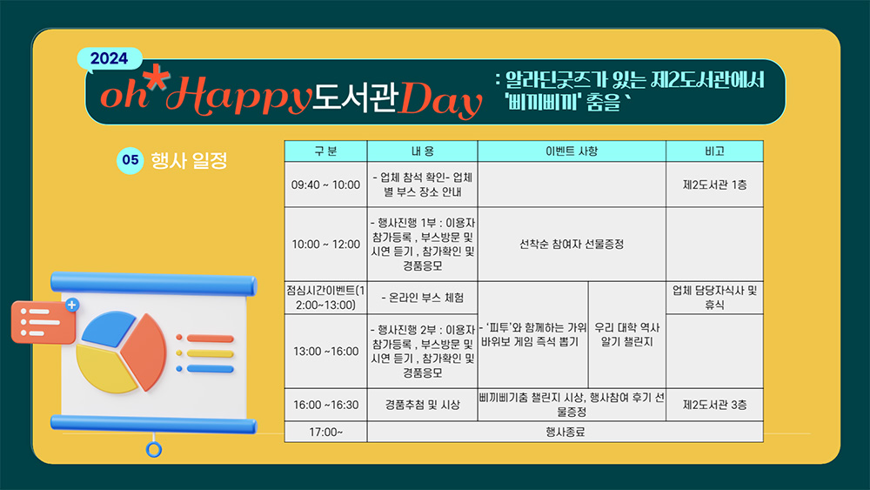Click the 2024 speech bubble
click(110, 59)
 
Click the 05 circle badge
click(130, 160)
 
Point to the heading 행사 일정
click(189, 161)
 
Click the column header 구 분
click(325, 151)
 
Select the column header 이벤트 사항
click(572, 151)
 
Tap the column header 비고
click(714, 151)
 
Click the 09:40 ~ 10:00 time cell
click(325, 185)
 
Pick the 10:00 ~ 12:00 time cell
click(325, 245)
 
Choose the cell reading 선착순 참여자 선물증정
click(572, 245)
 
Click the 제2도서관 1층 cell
click(714, 185)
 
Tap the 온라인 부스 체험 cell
click(422, 298)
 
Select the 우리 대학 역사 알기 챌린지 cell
click(627, 334)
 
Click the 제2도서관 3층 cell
click(714, 405)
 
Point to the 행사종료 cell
click(565, 432)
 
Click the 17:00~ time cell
click(325, 432)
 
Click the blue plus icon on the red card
click(72, 305)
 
